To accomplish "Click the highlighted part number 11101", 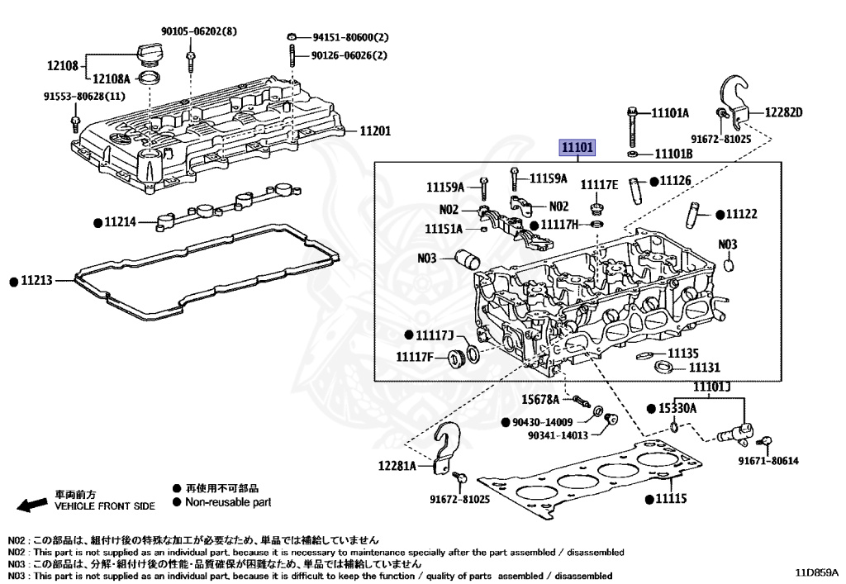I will click(x=577, y=148).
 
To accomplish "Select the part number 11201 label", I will click(x=375, y=131).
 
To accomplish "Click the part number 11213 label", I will click(x=36, y=282).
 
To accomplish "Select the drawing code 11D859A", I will click(x=816, y=572).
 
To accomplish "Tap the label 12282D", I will click(x=783, y=112).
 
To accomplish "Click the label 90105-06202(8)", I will click(x=199, y=31).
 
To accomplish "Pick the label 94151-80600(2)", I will click(x=349, y=38).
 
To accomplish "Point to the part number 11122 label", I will click(x=741, y=214).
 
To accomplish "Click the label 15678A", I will click(x=540, y=400).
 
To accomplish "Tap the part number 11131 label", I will click(x=705, y=368).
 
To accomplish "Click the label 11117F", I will click(x=414, y=357).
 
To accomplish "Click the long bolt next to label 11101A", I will click(x=632, y=125).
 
